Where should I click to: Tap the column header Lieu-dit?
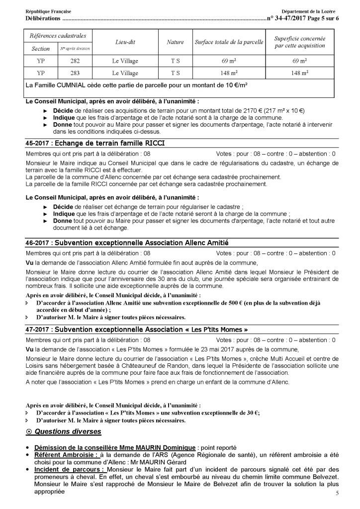coord(125,42)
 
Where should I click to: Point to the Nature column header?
coord(175,42)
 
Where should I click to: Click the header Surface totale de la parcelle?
coord(229,42)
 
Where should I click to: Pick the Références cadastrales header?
coord(58,36)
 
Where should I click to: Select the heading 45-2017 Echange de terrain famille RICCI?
coord(95,144)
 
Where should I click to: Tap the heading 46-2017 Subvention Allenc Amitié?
coord(126,243)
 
